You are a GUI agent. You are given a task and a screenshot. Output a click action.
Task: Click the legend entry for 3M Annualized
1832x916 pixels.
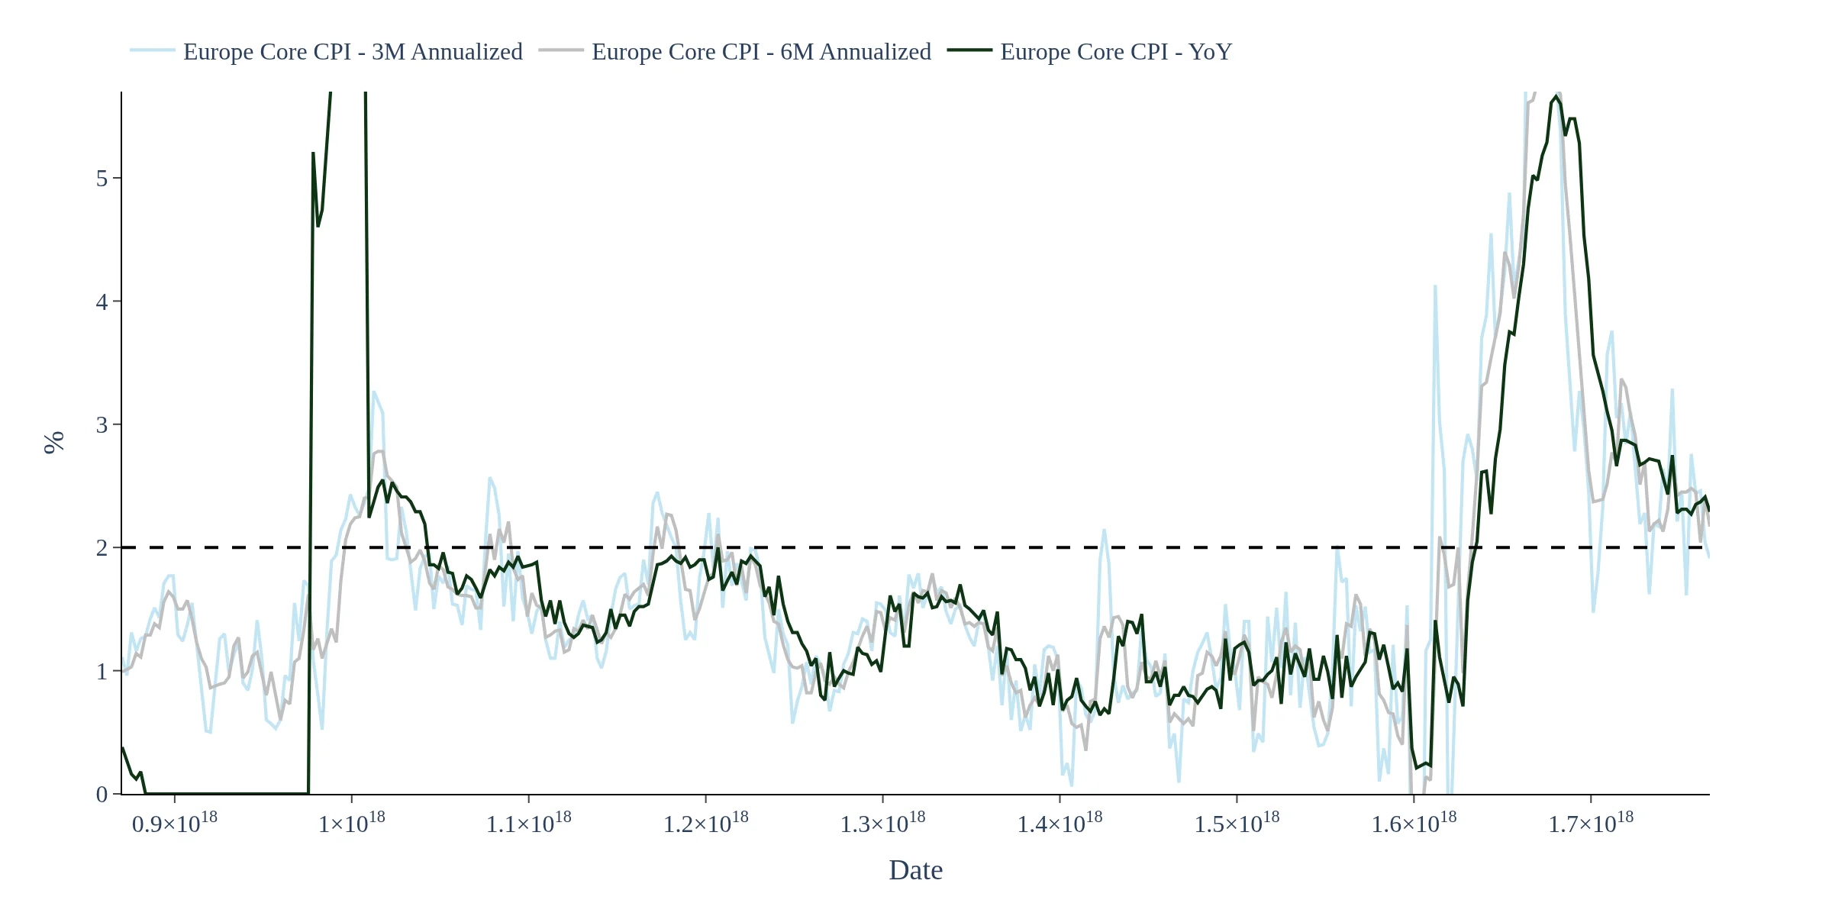coord(353,52)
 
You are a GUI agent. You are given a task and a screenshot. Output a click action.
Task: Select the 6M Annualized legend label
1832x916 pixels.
coord(761,52)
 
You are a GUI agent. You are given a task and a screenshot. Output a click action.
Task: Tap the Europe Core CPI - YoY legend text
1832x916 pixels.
coord(1116,52)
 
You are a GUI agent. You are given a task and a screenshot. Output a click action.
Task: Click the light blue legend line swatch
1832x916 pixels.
coord(153,50)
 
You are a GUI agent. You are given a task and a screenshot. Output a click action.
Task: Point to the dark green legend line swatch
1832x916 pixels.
coord(969,50)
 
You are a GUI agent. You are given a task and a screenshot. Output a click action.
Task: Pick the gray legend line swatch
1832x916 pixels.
coord(561,50)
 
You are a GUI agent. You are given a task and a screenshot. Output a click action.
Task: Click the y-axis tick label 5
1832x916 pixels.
coord(102,179)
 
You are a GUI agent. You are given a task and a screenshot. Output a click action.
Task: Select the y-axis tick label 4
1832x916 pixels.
coord(102,302)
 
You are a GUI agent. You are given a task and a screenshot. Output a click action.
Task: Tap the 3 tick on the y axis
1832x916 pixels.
coord(102,425)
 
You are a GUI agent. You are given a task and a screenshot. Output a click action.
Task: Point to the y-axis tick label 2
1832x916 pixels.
coord(102,548)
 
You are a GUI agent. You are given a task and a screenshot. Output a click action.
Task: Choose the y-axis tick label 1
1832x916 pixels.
coord(102,672)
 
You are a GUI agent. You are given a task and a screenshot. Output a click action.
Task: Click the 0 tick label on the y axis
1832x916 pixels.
coord(102,795)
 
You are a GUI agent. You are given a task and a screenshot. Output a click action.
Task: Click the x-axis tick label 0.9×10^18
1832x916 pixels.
coord(175,824)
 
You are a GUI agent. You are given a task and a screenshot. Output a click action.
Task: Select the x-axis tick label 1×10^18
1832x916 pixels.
coord(352,824)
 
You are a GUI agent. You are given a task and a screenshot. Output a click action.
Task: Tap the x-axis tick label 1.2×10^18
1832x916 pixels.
coord(706,824)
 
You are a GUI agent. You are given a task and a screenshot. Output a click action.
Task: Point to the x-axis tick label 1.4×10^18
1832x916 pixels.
coord(1060,824)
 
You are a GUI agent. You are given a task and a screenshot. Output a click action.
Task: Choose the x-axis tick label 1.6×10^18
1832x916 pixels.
coord(1414,824)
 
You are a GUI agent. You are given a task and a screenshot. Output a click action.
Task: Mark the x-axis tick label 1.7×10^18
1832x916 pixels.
coord(1591,824)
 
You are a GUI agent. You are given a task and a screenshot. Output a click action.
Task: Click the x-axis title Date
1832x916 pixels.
coord(915,870)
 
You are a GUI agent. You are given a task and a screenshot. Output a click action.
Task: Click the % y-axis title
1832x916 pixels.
coord(54,443)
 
